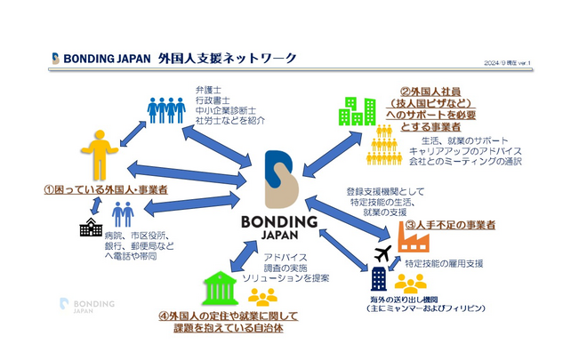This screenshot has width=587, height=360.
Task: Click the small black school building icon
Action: pyautogui.click(x=90, y=228)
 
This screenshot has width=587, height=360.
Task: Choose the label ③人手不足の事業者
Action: pyautogui.click(x=462, y=226)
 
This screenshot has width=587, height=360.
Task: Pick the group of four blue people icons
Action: pyautogui.click(x=166, y=111)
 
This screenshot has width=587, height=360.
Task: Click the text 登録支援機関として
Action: pyautogui.click(x=388, y=191)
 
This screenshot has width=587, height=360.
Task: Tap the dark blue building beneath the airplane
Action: pyautogui.click(x=379, y=278)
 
